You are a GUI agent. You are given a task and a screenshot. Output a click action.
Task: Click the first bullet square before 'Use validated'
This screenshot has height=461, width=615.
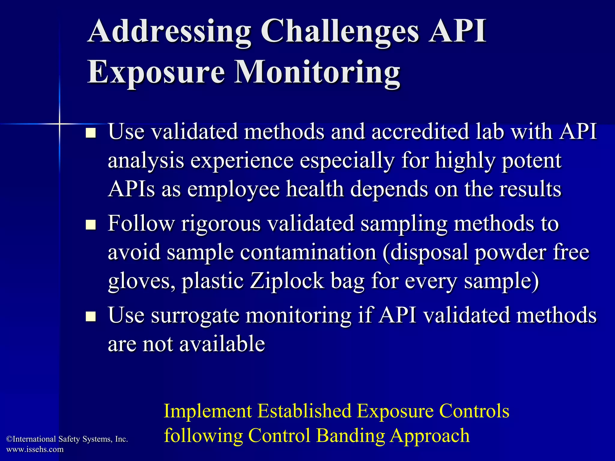point(90,133)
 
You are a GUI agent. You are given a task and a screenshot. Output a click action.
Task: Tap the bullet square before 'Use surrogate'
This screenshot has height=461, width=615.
point(90,317)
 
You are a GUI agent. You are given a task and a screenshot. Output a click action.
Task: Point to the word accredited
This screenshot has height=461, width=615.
point(420,132)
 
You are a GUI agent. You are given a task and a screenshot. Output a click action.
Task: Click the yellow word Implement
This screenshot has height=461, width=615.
point(208,411)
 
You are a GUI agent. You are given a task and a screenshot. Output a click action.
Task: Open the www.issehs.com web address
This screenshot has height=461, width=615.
point(35,449)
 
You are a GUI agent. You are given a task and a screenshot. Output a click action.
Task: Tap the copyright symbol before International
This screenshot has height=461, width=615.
point(9,439)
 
